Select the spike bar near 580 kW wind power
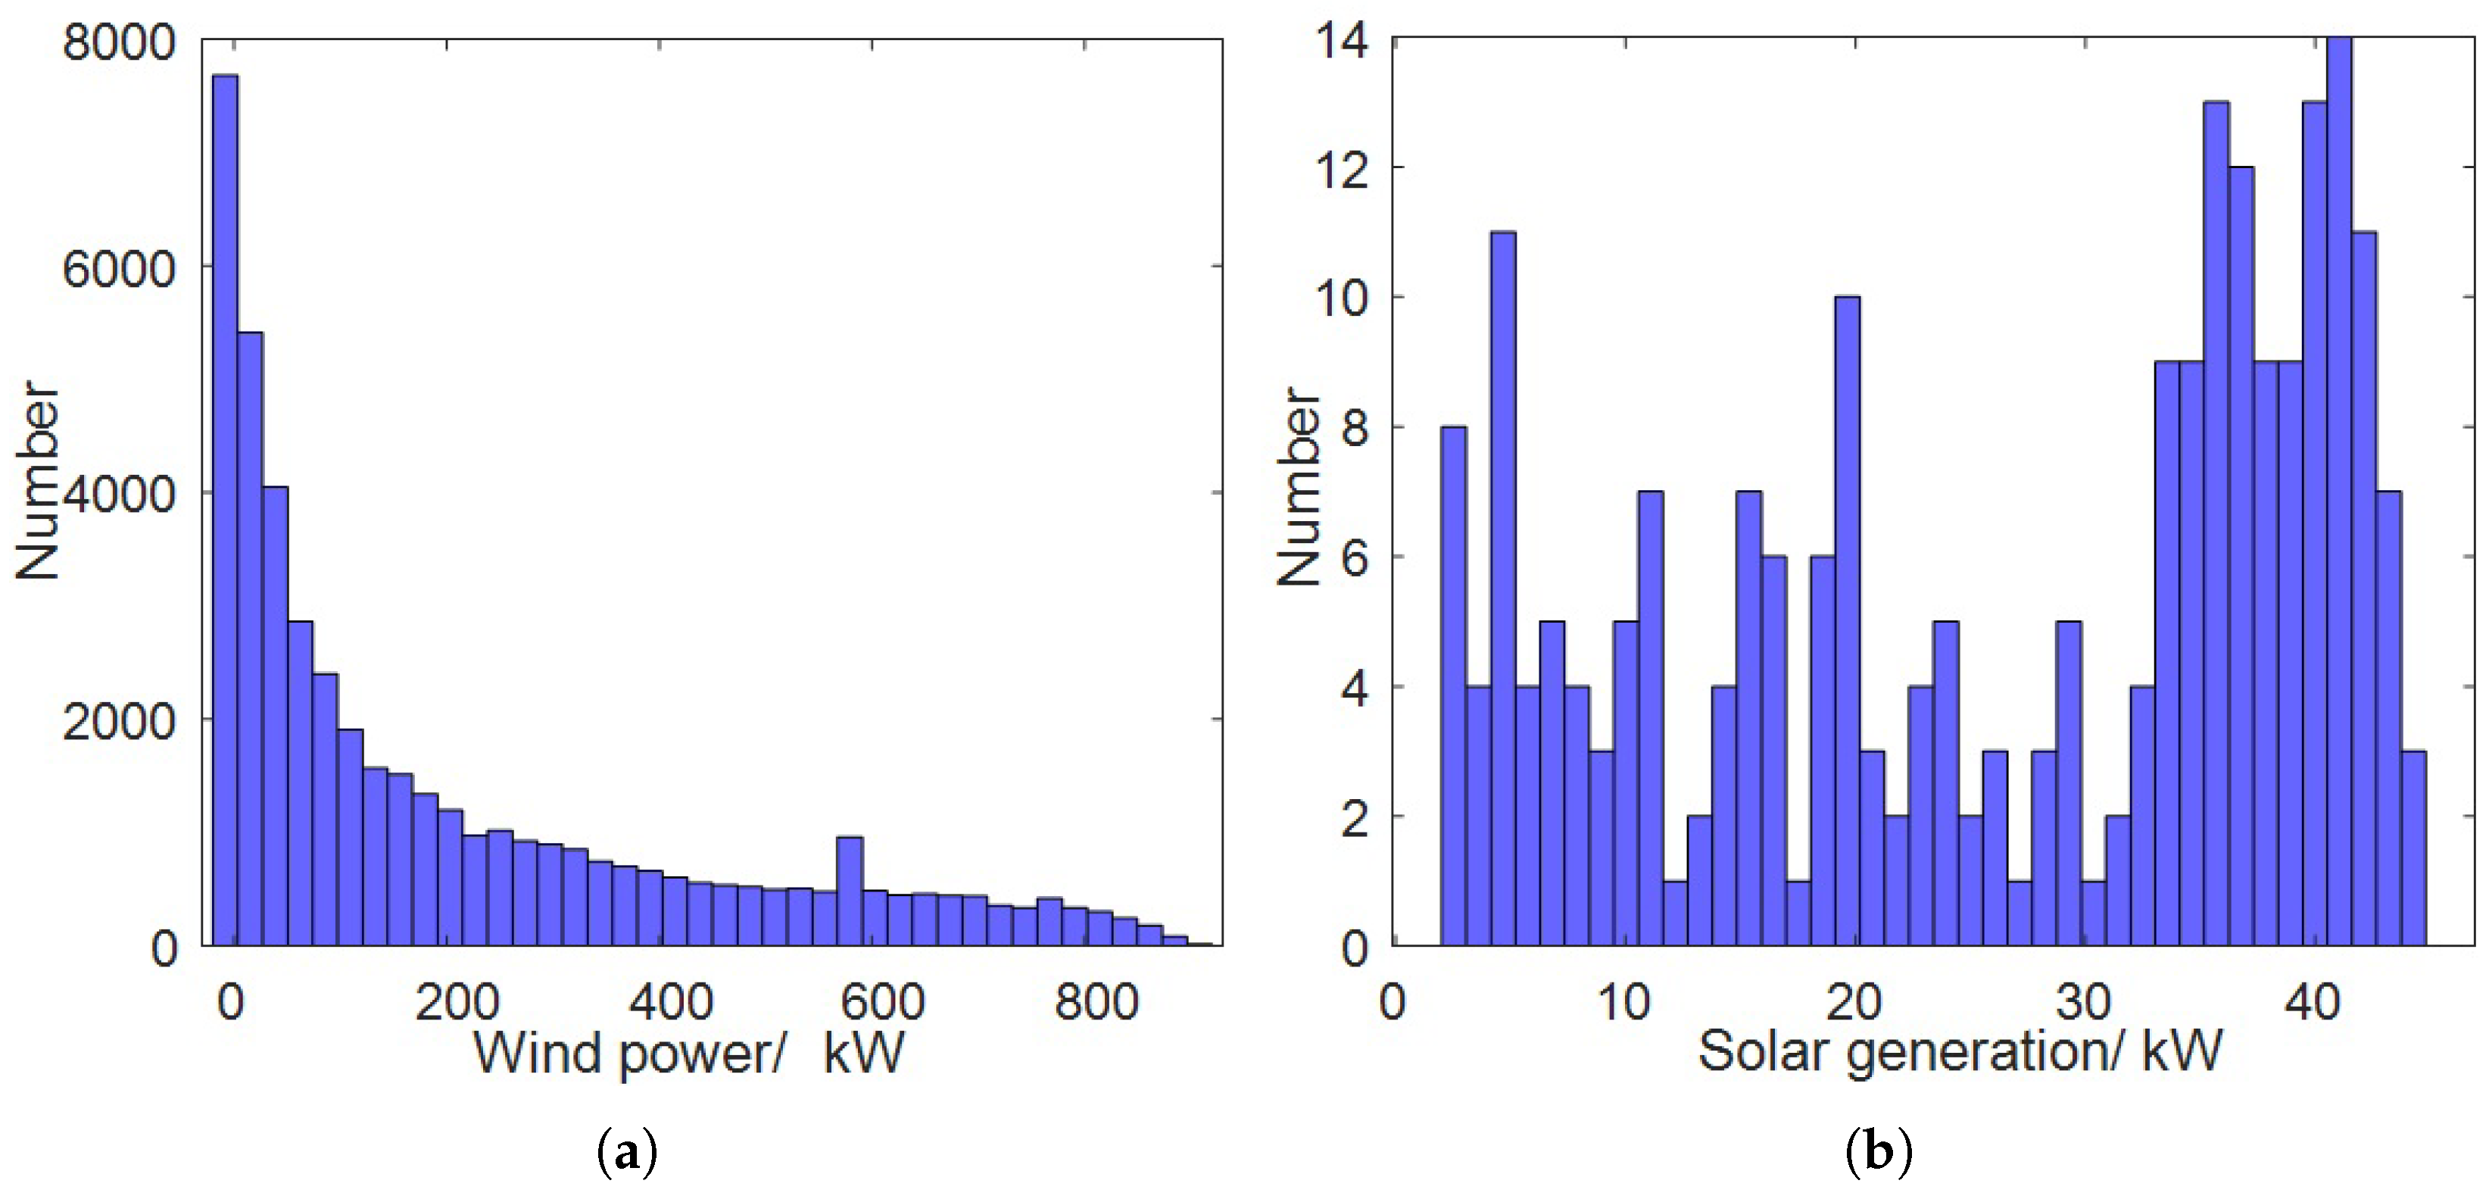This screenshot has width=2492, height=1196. [x=850, y=890]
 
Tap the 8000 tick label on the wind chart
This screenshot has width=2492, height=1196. [x=118, y=42]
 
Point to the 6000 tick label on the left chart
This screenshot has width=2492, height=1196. [x=118, y=268]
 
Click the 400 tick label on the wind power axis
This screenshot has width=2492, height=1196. [x=670, y=1001]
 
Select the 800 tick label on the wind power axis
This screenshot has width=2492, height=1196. [x=1096, y=1001]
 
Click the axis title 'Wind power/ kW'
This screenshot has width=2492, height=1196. [x=689, y=1053]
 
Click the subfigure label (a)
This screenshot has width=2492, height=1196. [x=628, y=1154]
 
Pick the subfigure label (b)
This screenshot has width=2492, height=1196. [x=1879, y=1154]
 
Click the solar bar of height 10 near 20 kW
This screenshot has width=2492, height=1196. [x=1847, y=620]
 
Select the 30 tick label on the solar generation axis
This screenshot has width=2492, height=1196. [x=2083, y=1001]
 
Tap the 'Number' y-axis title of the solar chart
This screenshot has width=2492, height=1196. [x=1298, y=486]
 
